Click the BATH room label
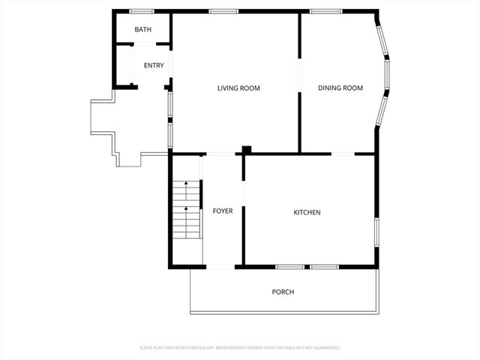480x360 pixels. [x=142, y=30]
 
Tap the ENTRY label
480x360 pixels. [x=154, y=66]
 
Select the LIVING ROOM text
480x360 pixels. [x=238, y=88]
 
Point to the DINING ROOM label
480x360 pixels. [x=340, y=88]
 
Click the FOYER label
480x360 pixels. [x=223, y=211]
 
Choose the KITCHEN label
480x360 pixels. [x=307, y=213]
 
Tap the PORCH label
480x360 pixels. [x=283, y=292]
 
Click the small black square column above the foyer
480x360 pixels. [x=246, y=150]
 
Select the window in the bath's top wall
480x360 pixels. [x=142, y=11]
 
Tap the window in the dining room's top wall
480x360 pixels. [x=325, y=11]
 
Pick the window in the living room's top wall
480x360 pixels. [x=223, y=11]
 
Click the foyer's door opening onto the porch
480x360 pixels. [x=220, y=266]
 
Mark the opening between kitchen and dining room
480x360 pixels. [x=343, y=154]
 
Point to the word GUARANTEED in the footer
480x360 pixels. [x=325, y=348]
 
